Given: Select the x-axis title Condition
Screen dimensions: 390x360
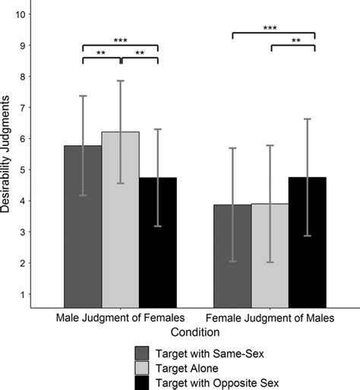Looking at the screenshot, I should coord(195,331).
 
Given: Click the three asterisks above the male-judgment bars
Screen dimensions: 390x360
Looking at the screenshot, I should coord(120,40).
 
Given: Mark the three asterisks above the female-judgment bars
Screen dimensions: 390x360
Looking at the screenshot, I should coord(270,27).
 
